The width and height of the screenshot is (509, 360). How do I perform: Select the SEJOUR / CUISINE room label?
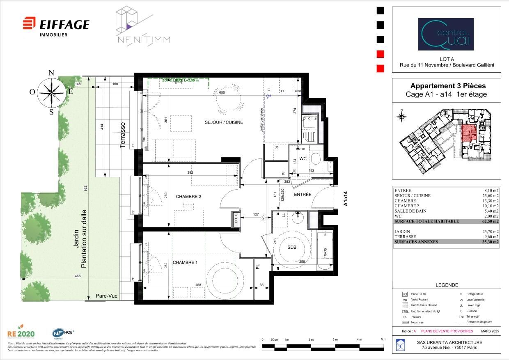pyautogui.click(x=224, y=122)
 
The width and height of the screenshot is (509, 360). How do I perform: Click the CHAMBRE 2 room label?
pyautogui.click(x=188, y=197)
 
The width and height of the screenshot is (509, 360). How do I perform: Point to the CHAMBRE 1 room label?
pyautogui.click(x=185, y=262)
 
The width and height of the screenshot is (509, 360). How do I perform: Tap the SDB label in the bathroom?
pyautogui.click(x=291, y=248)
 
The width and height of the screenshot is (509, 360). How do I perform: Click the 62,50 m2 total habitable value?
pyautogui.click(x=491, y=221)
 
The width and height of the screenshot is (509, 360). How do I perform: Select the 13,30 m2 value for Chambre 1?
pyautogui.click(x=491, y=201)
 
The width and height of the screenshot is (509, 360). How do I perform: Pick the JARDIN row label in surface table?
pyautogui.click(x=402, y=232)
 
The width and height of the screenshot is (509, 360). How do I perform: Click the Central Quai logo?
pyautogui.click(x=445, y=34)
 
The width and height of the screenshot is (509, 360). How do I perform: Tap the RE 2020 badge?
pyautogui.click(x=21, y=333)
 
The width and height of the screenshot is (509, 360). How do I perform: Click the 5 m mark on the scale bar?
pyautogui.click(x=383, y=340)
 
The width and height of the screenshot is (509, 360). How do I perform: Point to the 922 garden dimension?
pyautogui.click(x=86, y=188)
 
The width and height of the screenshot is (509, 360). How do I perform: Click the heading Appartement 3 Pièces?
pyautogui.click(x=448, y=86)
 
